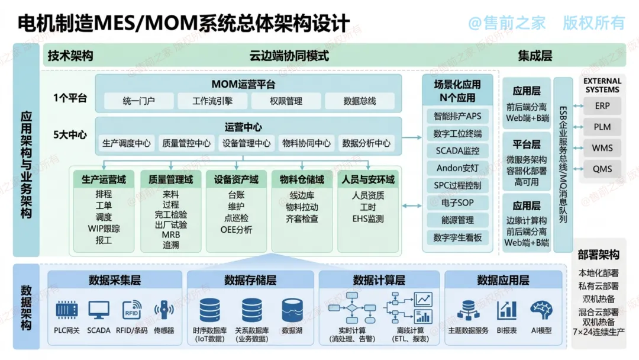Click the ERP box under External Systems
tap(602, 106)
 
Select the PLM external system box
tap(602, 127)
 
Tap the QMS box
tap(602, 169)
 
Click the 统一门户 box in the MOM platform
tap(138, 101)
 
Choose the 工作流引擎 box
tap(212, 101)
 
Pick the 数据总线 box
tap(360, 101)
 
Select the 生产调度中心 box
tap(127, 143)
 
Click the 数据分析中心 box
tap(366, 143)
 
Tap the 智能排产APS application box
tap(457, 116)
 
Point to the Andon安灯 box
tap(457, 168)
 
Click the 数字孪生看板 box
tap(457, 237)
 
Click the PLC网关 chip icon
tap(66, 310)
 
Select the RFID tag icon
tap(131, 310)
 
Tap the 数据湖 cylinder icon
tap(292, 310)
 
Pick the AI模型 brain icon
tap(541, 310)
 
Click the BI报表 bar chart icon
tap(506, 310)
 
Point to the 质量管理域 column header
tap(171, 179)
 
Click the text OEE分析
tap(236, 230)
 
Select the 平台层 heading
tap(527, 144)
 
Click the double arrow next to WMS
tap(578, 148)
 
